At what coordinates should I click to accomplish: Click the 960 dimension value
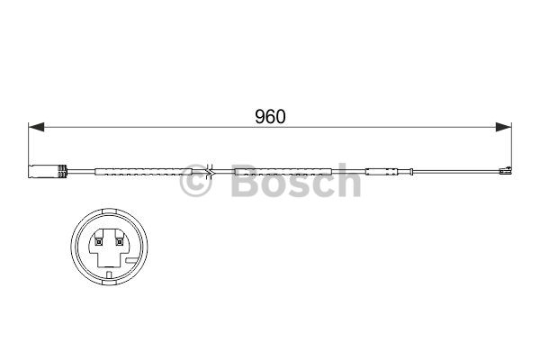click(x=270, y=116)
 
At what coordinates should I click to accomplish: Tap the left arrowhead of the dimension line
click(x=36, y=127)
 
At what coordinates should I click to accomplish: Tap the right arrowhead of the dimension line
click(x=503, y=127)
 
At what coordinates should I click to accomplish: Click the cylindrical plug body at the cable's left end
click(x=43, y=172)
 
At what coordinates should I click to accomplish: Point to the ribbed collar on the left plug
click(x=62, y=172)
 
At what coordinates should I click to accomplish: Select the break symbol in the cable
click(x=209, y=171)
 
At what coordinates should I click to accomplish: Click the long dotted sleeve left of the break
click(x=143, y=172)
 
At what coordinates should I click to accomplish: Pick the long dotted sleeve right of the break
click(x=283, y=172)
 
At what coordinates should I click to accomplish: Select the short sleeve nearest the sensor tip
click(x=382, y=172)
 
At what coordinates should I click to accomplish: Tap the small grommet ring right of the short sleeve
click(x=411, y=172)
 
